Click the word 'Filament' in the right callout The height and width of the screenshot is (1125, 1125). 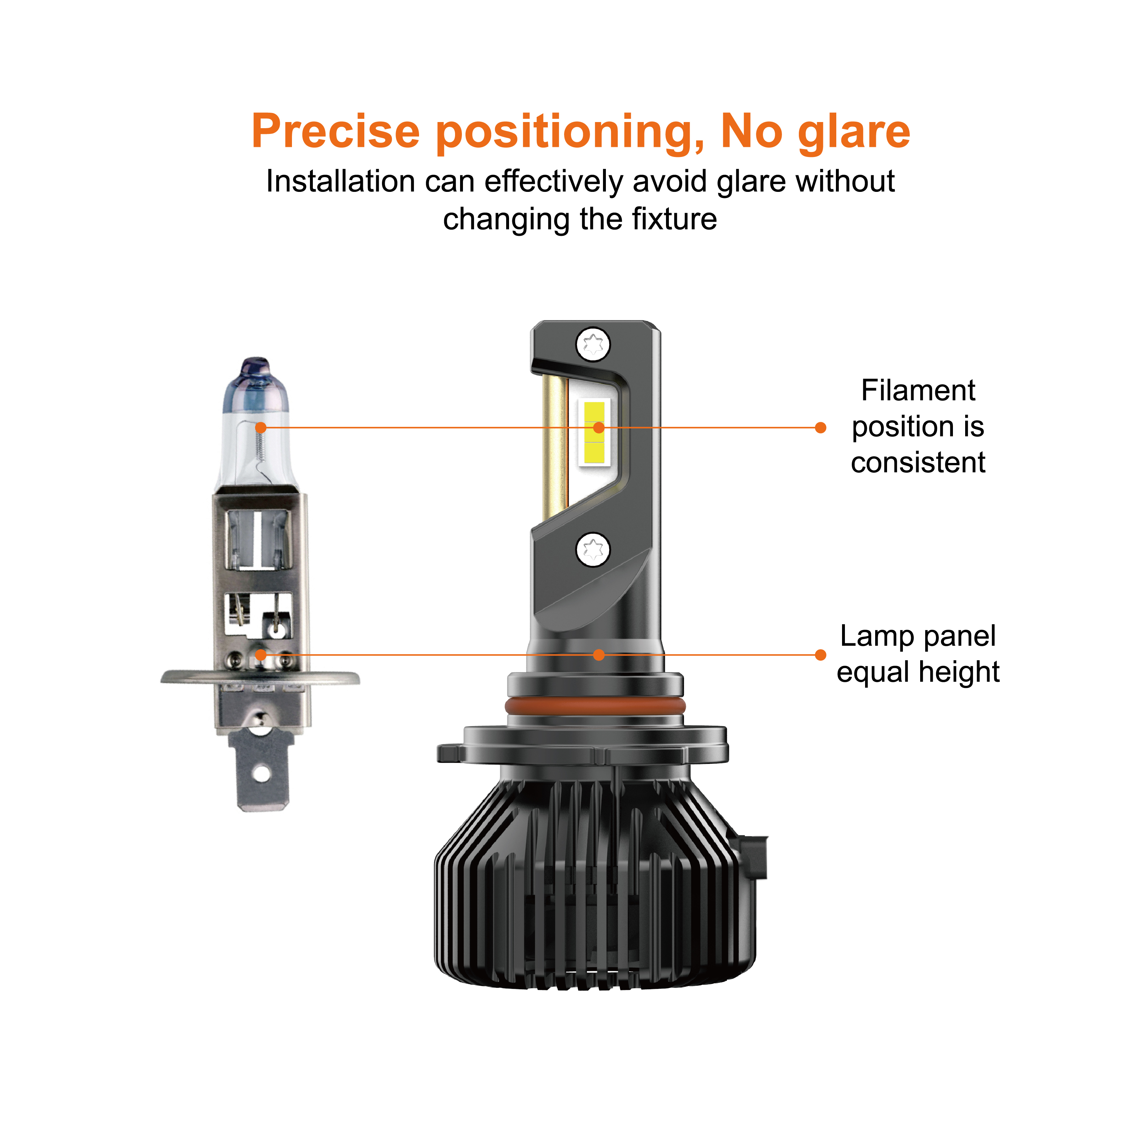[918, 390]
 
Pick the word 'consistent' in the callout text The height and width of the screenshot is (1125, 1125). [918, 463]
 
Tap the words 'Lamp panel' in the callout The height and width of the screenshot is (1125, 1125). [918, 636]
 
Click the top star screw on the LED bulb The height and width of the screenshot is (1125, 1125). [593, 344]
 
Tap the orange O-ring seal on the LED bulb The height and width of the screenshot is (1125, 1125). [595, 706]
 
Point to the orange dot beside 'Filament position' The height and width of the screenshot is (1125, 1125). [820, 428]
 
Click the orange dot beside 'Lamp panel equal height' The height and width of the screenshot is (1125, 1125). [820, 655]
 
